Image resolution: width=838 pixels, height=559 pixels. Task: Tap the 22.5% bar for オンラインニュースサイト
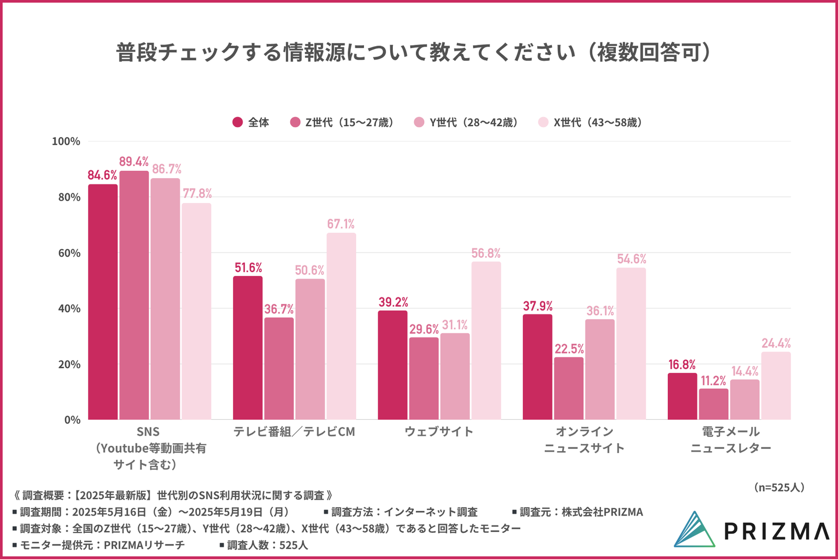tap(569, 388)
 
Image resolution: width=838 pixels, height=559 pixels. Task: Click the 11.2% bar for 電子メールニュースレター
tap(713, 404)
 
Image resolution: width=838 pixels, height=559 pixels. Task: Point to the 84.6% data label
tap(102, 175)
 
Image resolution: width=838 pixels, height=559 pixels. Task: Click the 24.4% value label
tap(776, 343)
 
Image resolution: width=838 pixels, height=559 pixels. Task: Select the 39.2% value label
tap(393, 302)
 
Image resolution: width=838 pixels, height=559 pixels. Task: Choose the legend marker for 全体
tap(238, 122)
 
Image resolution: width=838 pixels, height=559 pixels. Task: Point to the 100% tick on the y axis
tap(66, 141)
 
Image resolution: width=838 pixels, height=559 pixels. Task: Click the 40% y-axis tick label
tap(69, 309)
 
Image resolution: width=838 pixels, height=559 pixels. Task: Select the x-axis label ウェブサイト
tap(439, 432)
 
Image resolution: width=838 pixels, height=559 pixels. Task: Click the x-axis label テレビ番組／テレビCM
tap(294, 432)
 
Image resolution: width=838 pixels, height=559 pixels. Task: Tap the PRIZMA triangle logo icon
tap(694, 530)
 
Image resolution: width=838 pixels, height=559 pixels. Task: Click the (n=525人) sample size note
tap(779, 487)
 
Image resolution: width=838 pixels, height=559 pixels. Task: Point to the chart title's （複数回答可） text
tap(649, 52)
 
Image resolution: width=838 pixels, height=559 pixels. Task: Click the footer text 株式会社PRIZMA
tap(602, 512)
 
